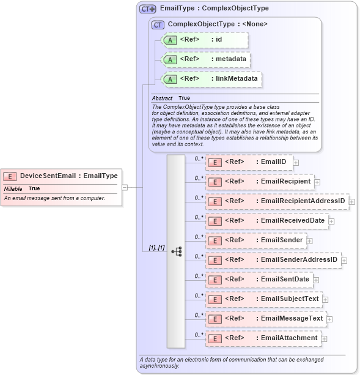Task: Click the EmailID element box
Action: [x=249, y=162]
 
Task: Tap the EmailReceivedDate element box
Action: [x=266, y=221]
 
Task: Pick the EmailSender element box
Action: [x=255, y=240]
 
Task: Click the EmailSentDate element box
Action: [x=259, y=280]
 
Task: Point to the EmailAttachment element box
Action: [x=263, y=338]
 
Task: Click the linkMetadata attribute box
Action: [x=211, y=79]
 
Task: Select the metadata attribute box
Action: [x=205, y=59]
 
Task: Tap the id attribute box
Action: [x=204, y=40]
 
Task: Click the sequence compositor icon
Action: [x=177, y=251]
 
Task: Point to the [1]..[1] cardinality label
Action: [x=156, y=248]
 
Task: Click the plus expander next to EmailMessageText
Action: [x=329, y=319]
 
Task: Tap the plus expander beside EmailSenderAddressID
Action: [x=344, y=260]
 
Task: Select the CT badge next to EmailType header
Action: [x=147, y=9]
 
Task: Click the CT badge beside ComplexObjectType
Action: [x=158, y=24]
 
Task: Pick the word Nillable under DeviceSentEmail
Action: [x=13, y=188]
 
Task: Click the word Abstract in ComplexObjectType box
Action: [x=162, y=98]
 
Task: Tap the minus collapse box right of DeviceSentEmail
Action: [x=125, y=187]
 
